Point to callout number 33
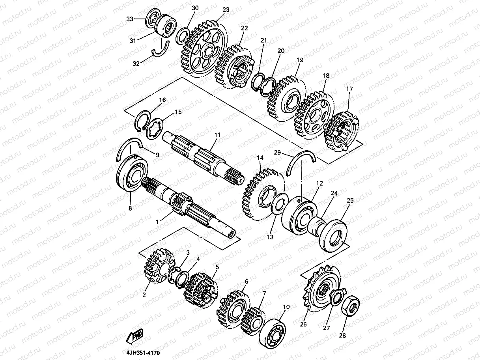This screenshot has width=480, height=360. [130, 19]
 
